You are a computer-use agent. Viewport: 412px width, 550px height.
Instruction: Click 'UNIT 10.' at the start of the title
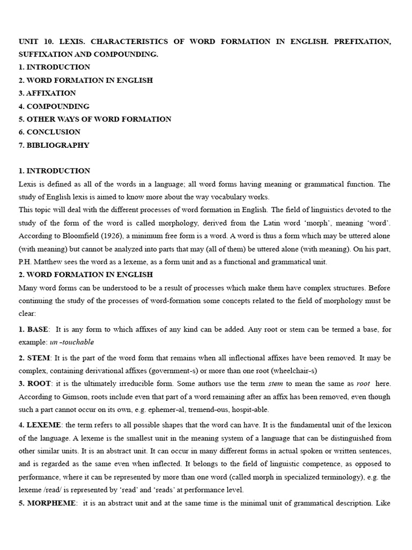click(x=36, y=41)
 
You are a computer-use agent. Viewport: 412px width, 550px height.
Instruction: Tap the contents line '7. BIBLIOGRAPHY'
click(x=54, y=145)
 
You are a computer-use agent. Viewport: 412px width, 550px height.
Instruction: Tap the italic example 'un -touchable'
click(x=72, y=342)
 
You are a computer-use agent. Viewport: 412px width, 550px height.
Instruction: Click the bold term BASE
click(x=38, y=329)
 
